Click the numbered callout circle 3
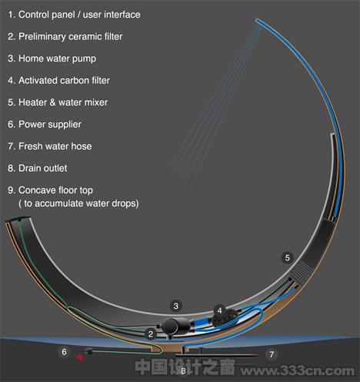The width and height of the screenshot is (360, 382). click(175, 306)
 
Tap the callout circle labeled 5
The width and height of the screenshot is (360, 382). click(287, 257)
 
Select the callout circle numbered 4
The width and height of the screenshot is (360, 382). click(219, 310)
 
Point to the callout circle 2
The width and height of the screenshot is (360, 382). click(151, 334)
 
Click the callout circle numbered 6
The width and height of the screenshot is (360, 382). click(64, 351)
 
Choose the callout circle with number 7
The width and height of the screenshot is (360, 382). click(272, 354)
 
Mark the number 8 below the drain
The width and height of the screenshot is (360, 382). click(183, 371)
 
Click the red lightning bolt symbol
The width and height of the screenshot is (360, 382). click(80, 357)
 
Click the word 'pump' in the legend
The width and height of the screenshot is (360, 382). click(84, 59)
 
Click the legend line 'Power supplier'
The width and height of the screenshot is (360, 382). click(50, 125)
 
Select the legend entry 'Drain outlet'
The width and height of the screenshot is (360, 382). click(42, 168)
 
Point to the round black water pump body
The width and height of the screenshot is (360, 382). click(170, 326)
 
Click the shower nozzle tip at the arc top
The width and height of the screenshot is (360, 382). click(258, 21)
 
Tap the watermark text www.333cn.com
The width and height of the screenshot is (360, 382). click(298, 370)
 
